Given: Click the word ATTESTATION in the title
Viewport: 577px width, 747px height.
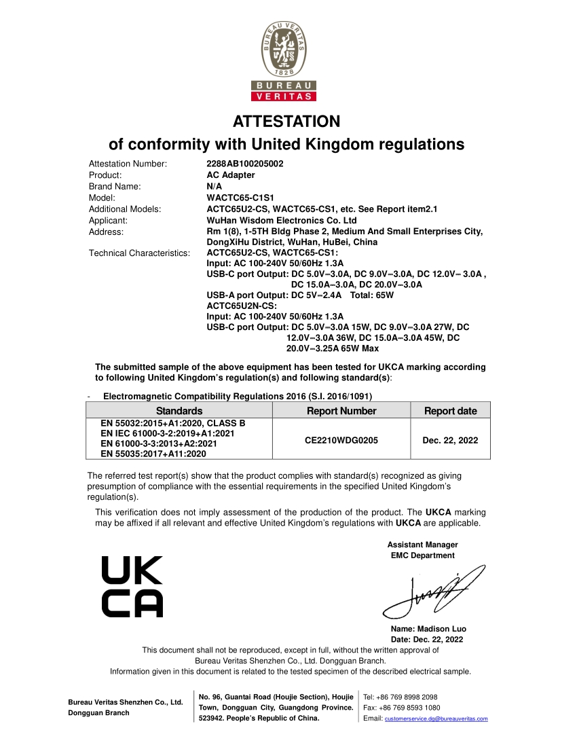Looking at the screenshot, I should click(286, 122).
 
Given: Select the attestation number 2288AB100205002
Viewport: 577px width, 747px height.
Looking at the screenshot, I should click(245, 164).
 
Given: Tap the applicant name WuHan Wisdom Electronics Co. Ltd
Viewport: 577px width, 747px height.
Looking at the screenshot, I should click(281, 220).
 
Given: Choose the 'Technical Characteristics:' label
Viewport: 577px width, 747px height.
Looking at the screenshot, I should click(139, 253).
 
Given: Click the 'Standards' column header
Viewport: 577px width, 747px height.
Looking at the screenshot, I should click(179, 411).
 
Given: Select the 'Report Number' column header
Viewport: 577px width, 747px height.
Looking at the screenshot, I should click(341, 411).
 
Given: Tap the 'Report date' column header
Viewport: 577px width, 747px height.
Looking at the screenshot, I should click(450, 411).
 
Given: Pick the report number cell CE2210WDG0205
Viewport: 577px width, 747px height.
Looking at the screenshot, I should click(341, 440).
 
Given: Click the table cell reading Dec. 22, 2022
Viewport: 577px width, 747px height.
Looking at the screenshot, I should click(450, 440).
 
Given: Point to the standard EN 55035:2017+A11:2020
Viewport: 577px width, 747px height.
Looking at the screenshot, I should click(153, 454).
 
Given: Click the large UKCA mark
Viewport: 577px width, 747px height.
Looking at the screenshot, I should click(132, 587).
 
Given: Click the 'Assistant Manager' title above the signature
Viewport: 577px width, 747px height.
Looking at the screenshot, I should click(422, 545).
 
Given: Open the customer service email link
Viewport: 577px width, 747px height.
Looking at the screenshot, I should click(436, 718).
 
